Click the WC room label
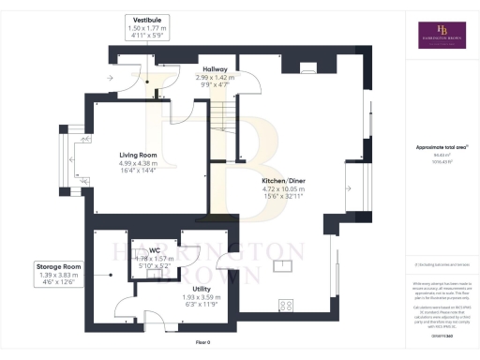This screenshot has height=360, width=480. [155, 250]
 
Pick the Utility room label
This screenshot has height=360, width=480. [201, 289]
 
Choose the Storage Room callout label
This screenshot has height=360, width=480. [60, 266]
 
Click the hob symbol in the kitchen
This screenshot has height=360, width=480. [285, 306]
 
